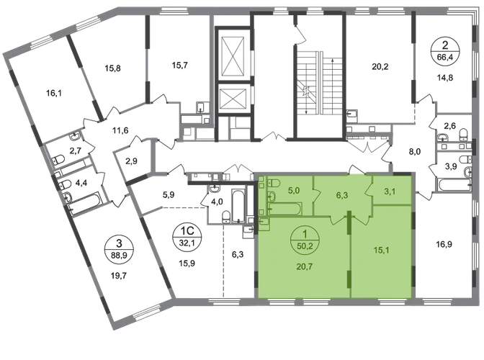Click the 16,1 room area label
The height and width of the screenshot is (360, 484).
pos(54,93)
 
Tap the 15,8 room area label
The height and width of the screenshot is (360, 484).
pos(112,68)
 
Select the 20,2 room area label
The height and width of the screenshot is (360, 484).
pos(380,67)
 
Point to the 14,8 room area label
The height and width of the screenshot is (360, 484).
pos(445,78)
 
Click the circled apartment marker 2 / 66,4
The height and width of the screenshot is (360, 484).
pos(445,52)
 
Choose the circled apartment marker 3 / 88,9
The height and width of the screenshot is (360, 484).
pos(119,249)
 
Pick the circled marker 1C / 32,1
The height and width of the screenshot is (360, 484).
pos(187,237)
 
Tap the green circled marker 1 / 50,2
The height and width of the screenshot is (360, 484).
pos(305,240)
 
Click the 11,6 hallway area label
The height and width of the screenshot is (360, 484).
pos(120,130)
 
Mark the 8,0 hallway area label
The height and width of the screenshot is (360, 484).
pos(415,151)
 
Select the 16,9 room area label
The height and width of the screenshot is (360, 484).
pos(444,245)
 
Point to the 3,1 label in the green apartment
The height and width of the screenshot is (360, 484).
pos(390,192)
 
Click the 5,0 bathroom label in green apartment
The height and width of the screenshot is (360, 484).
pos(294,191)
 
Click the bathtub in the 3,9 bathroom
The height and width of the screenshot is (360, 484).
pos(454,185)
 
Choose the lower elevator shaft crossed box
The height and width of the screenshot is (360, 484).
pos(233,99)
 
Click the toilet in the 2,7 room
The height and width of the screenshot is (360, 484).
pos(58,160)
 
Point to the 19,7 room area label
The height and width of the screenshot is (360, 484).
pos(119,276)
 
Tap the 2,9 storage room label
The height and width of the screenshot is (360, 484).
pos(132,161)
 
